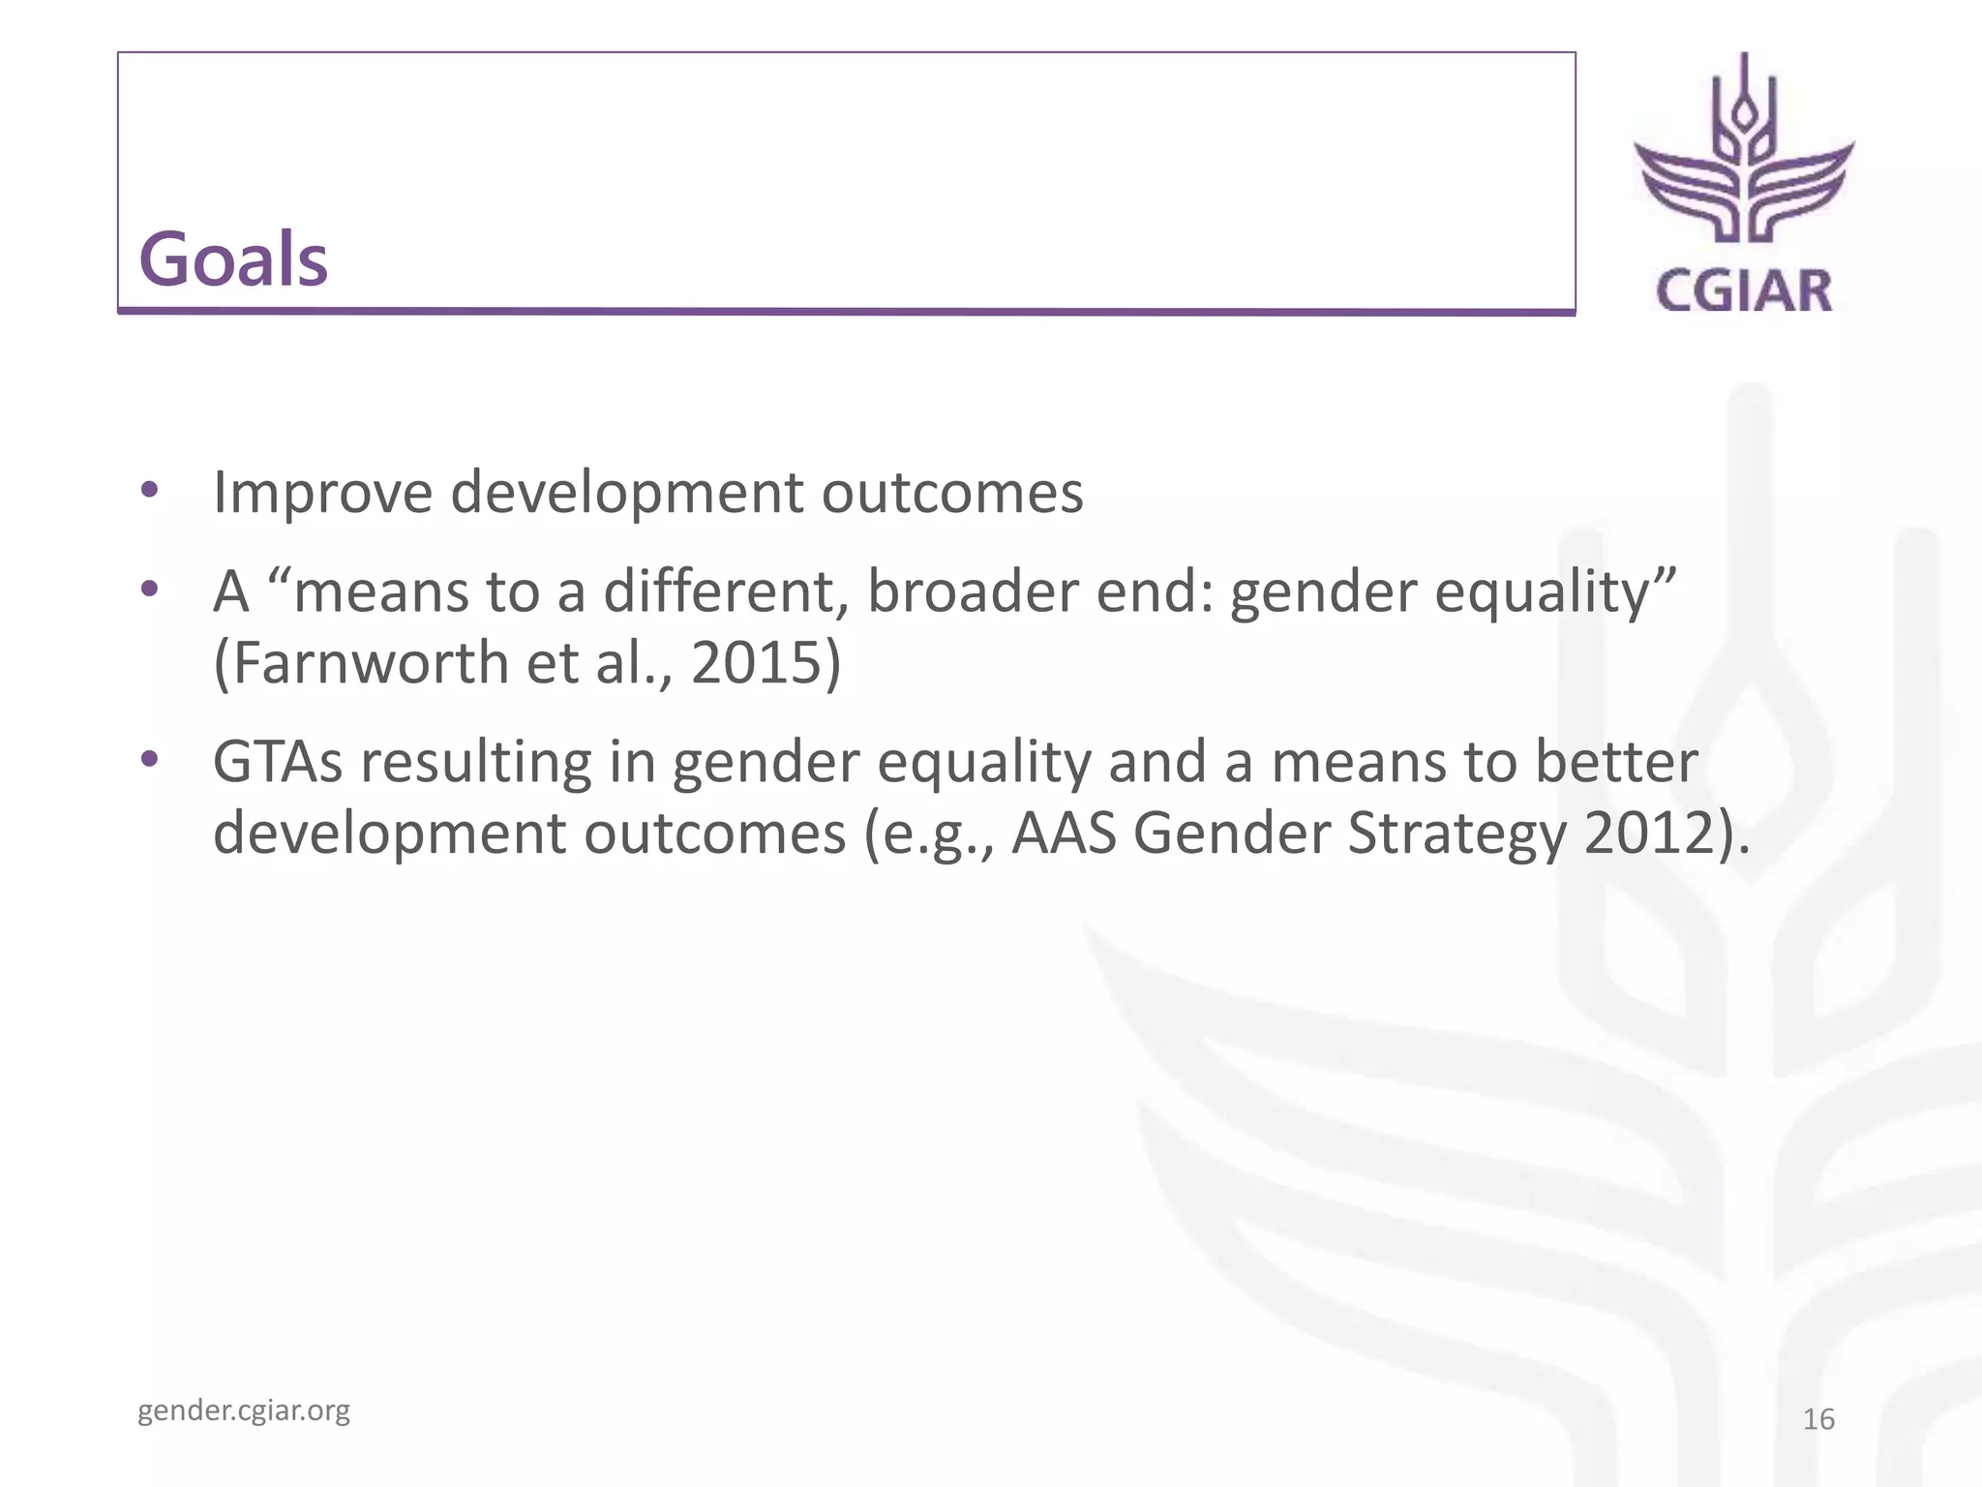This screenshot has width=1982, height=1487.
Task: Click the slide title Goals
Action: (x=233, y=259)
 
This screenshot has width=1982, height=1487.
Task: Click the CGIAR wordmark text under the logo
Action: (x=1744, y=291)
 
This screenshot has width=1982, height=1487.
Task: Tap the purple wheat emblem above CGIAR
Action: (x=1744, y=155)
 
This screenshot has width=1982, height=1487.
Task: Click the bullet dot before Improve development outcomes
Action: (x=149, y=489)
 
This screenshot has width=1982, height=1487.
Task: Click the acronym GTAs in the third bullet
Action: (x=278, y=762)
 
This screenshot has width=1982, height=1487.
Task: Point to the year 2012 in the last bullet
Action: (x=1649, y=833)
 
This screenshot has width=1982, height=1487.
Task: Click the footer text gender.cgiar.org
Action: (x=244, y=1411)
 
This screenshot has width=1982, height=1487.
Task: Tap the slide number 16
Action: (x=1818, y=1419)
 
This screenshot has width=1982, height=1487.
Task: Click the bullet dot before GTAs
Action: (x=149, y=759)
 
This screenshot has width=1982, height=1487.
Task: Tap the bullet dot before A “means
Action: (x=149, y=588)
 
